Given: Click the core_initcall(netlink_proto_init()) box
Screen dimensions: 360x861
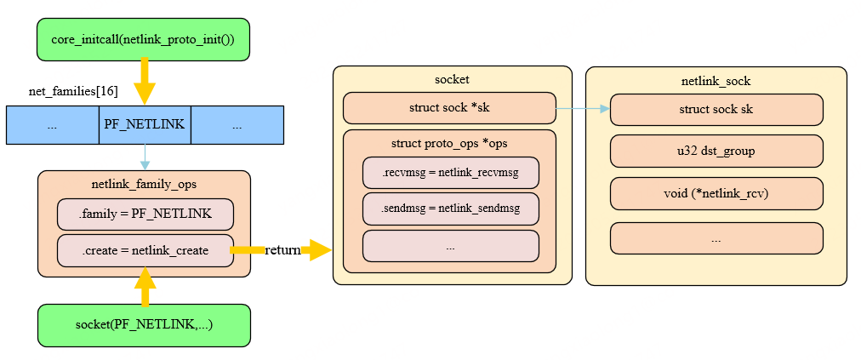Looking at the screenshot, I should pos(143,39).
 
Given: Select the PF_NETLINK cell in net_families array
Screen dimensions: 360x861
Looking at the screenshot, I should pos(145,124).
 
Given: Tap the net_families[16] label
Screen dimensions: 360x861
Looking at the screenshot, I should pos(73,91).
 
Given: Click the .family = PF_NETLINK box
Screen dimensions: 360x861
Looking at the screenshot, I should pos(145,214).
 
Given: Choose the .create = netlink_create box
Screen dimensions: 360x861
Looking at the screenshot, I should pos(145,250).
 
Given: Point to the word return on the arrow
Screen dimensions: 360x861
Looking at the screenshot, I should pos(282,250).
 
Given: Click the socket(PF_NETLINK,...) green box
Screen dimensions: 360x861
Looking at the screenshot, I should pos(143,325).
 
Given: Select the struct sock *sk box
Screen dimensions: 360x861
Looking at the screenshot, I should pos(448,109).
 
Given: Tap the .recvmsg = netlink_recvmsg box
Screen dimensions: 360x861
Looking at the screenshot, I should pos(450,173).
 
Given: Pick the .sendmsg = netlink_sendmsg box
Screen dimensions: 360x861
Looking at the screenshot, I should pos(450,209).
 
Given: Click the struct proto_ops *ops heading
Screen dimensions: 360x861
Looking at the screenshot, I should pos(448,142).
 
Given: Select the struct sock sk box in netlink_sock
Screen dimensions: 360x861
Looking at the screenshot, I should pos(716,110).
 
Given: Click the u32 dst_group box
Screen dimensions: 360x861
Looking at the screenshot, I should pos(716,151).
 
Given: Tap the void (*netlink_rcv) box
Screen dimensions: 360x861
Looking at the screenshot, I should pos(716,193).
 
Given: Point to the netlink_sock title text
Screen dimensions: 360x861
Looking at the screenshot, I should pos(716,82).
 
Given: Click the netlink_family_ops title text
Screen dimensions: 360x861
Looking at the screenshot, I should pos(144,184).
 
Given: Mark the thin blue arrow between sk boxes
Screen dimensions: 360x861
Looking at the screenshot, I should pos(583,109).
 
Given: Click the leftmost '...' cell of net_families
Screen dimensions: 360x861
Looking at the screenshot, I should pos(52,124).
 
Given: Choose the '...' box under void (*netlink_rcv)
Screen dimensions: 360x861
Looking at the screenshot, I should pos(716,238).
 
